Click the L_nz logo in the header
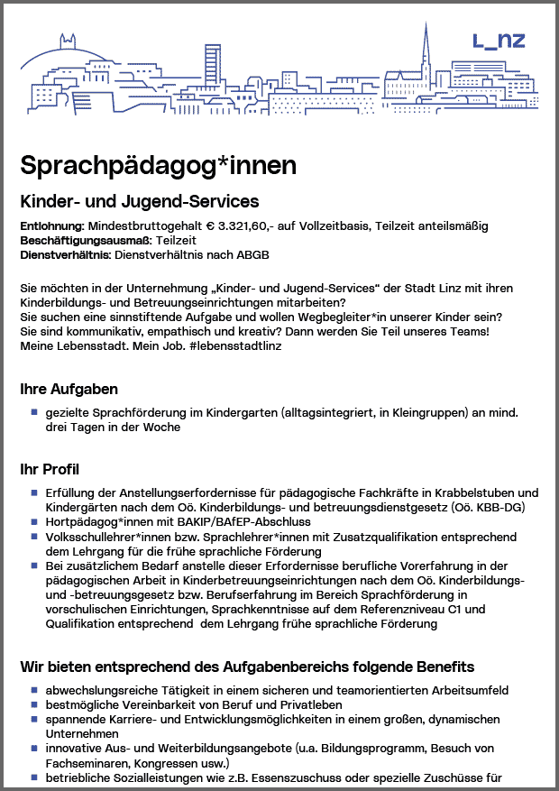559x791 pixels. coord(499,41)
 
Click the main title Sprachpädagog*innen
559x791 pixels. coord(158,165)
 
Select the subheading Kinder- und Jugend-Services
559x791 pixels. coord(140,201)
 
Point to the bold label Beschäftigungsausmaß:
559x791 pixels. coord(86,241)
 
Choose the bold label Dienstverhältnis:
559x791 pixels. coord(65,255)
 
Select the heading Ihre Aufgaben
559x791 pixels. coord(69,390)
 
